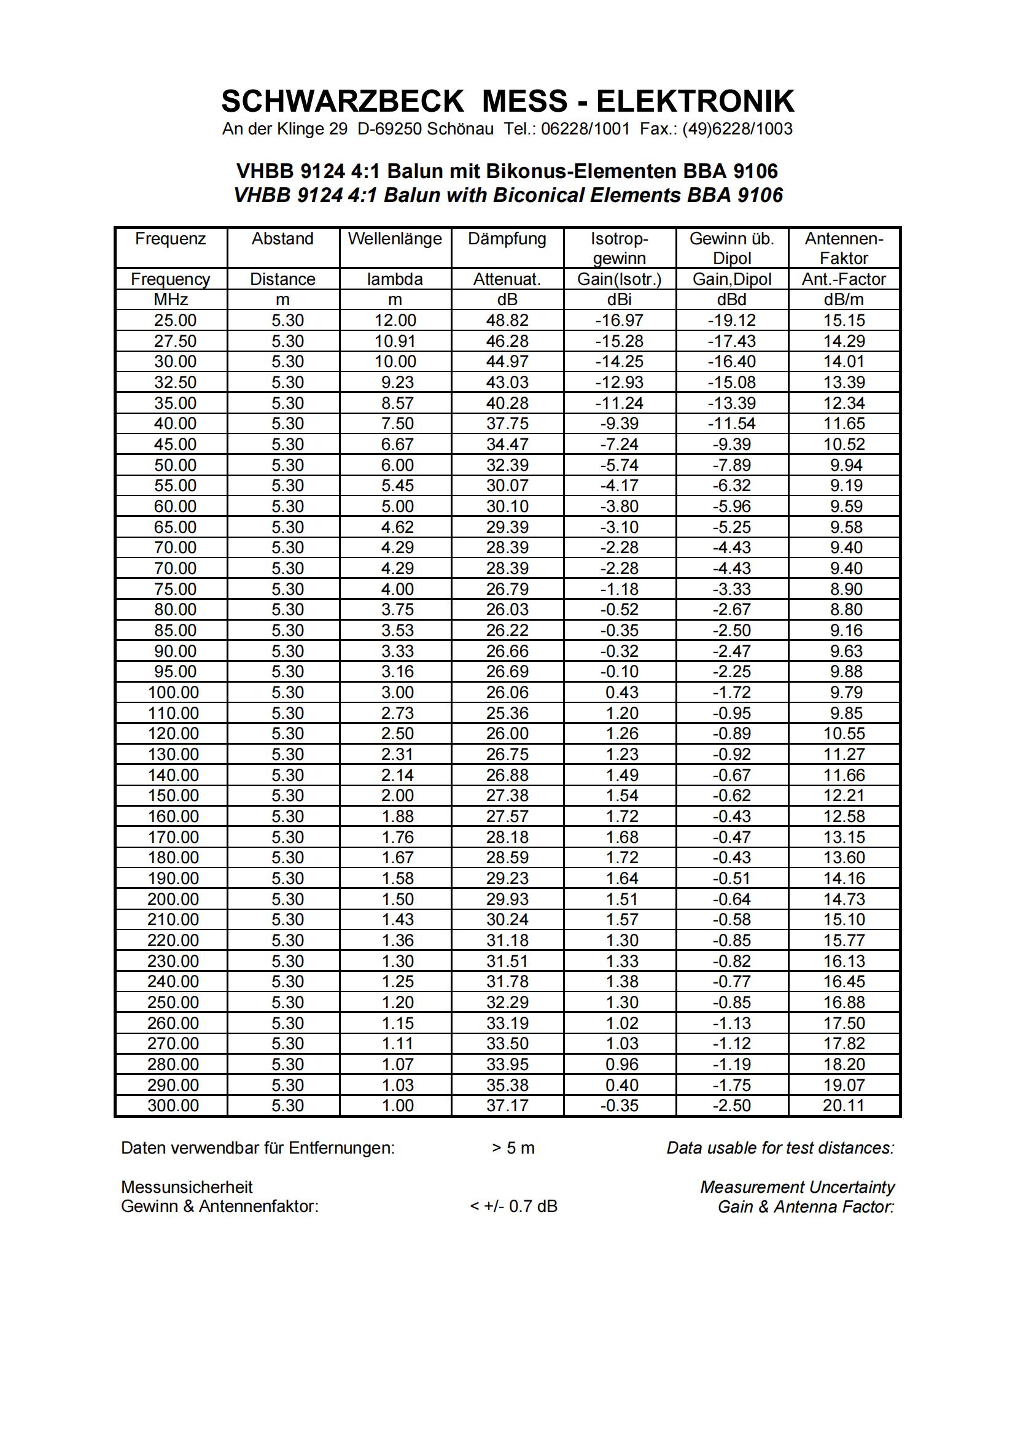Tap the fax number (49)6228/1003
click(x=737, y=129)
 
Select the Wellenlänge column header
click(x=395, y=239)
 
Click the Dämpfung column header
click(x=507, y=239)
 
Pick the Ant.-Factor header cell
click(x=844, y=279)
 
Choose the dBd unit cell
click(x=732, y=300)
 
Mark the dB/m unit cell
click(x=844, y=300)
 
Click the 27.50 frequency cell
click(x=175, y=341)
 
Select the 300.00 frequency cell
click(x=173, y=1105)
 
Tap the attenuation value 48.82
click(x=507, y=320)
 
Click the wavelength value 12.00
click(x=395, y=320)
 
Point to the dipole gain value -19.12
click(x=732, y=320)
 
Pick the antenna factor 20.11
click(x=844, y=1105)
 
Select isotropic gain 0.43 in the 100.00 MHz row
click(x=621, y=693)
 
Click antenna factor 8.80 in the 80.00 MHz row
click(x=846, y=609)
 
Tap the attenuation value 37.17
click(x=507, y=1105)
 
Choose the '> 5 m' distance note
click(x=513, y=1148)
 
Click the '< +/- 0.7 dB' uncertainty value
click(x=513, y=1206)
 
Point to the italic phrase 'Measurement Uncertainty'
click(x=798, y=1187)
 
